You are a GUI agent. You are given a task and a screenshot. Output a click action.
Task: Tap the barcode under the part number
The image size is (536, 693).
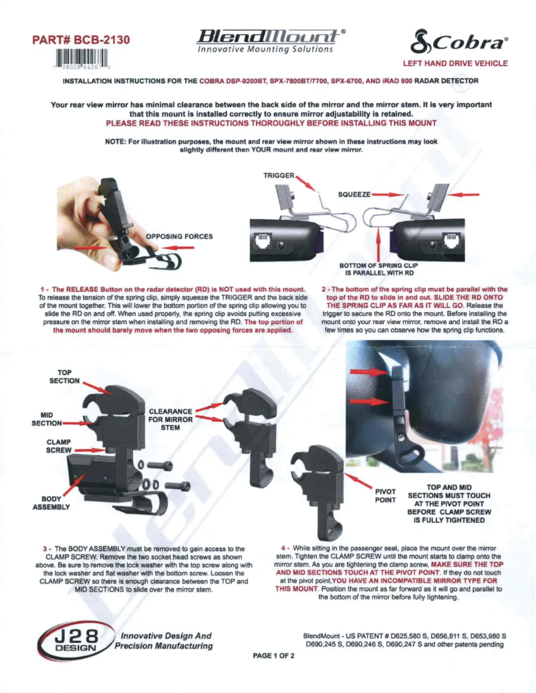[82, 59]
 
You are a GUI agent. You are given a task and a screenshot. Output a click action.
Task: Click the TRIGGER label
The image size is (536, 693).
[279, 174]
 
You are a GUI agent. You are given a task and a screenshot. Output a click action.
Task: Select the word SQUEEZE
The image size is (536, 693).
[354, 193]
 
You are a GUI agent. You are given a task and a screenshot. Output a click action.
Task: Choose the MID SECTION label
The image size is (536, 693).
[47, 418]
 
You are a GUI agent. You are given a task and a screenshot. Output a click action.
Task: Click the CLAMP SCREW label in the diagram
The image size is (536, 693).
[59, 446]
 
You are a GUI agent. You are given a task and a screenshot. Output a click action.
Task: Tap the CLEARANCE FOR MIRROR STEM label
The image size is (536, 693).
[170, 420]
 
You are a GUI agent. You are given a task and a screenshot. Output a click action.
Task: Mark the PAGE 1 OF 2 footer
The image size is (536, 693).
[274, 656]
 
